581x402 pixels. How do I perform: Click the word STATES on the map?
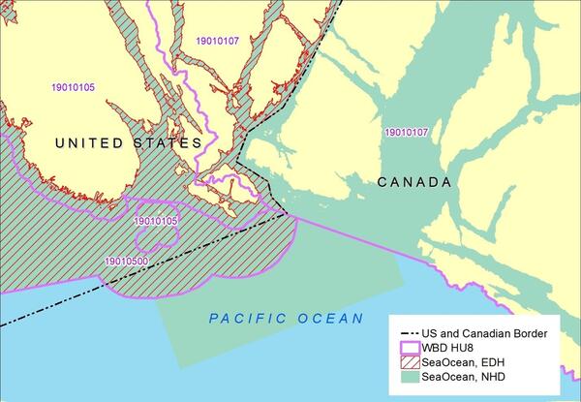(170, 143)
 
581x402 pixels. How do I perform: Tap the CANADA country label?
(413, 182)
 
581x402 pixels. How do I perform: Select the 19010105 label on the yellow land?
(74, 87)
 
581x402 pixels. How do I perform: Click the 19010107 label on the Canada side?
(408, 132)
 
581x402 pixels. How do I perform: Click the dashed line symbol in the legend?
(413, 333)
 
